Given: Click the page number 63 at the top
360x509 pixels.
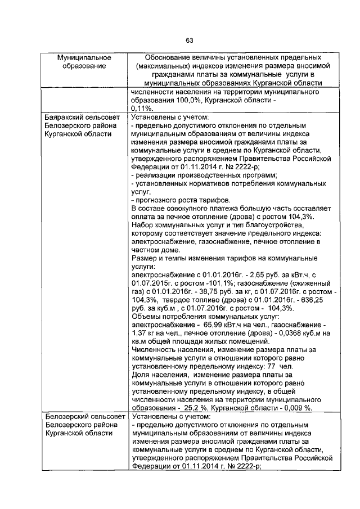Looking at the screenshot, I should point(189,40).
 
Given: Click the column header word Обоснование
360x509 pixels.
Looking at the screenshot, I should point(168,58).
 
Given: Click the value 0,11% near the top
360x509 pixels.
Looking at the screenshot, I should point(142,108).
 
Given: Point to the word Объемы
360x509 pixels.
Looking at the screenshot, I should point(146,316).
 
